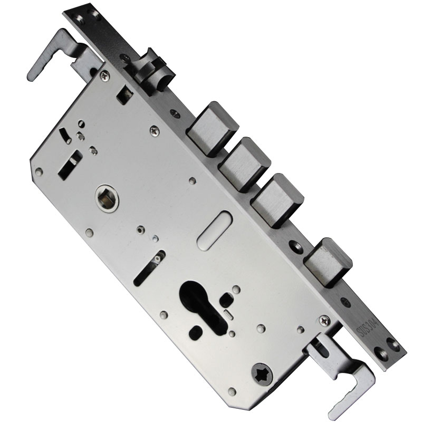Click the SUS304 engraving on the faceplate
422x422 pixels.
point(368,328)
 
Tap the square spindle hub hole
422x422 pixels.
point(107,198)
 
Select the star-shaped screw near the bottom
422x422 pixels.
point(262,375)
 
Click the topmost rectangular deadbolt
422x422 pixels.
point(213,129)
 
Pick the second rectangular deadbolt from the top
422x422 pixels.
point(244,164)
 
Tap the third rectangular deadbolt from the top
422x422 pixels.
point(277,200)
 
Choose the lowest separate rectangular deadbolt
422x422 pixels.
point(328,262)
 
